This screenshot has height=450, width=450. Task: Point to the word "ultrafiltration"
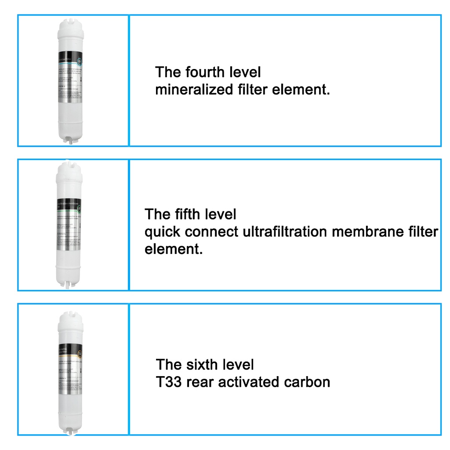click(285, 232)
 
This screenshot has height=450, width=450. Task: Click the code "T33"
click(169, 382)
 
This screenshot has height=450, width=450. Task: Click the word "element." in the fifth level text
click(174, 249)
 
